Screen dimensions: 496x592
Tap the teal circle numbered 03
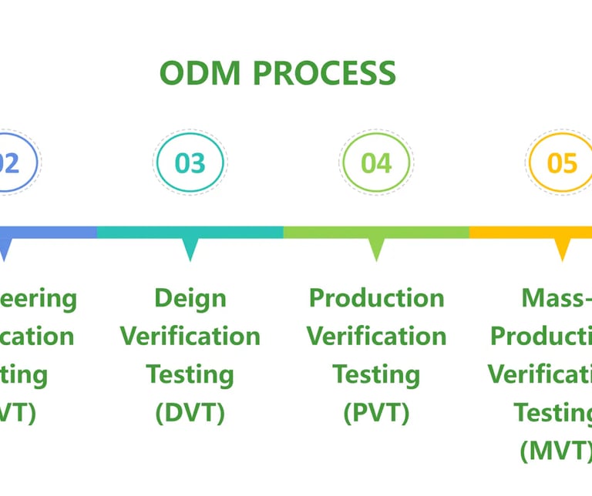coord(190,163)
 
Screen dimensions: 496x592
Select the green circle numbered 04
coord(376,163)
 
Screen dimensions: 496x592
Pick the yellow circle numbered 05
coord(562,163)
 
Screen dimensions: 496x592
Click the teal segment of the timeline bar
coord(190,232)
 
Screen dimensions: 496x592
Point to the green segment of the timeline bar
coord(376,232)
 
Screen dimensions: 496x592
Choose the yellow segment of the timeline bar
coord(532,232)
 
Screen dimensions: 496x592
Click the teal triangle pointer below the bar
coord(190,249)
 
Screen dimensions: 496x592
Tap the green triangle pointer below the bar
coord(376,249)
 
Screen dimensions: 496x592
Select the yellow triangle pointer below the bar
coord(563,249)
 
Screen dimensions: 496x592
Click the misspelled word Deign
coord(190,299)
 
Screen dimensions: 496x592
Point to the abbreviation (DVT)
coord(190,413)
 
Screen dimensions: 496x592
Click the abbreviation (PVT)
coord(376,413)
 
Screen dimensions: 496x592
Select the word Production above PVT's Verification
coord(376,298)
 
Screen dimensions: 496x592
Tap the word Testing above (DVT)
coord(190,374)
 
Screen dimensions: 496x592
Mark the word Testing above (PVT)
coord(376,374)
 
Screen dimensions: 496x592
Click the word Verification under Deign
coord(190,336)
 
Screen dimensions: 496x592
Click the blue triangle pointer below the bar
coord(5,249)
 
